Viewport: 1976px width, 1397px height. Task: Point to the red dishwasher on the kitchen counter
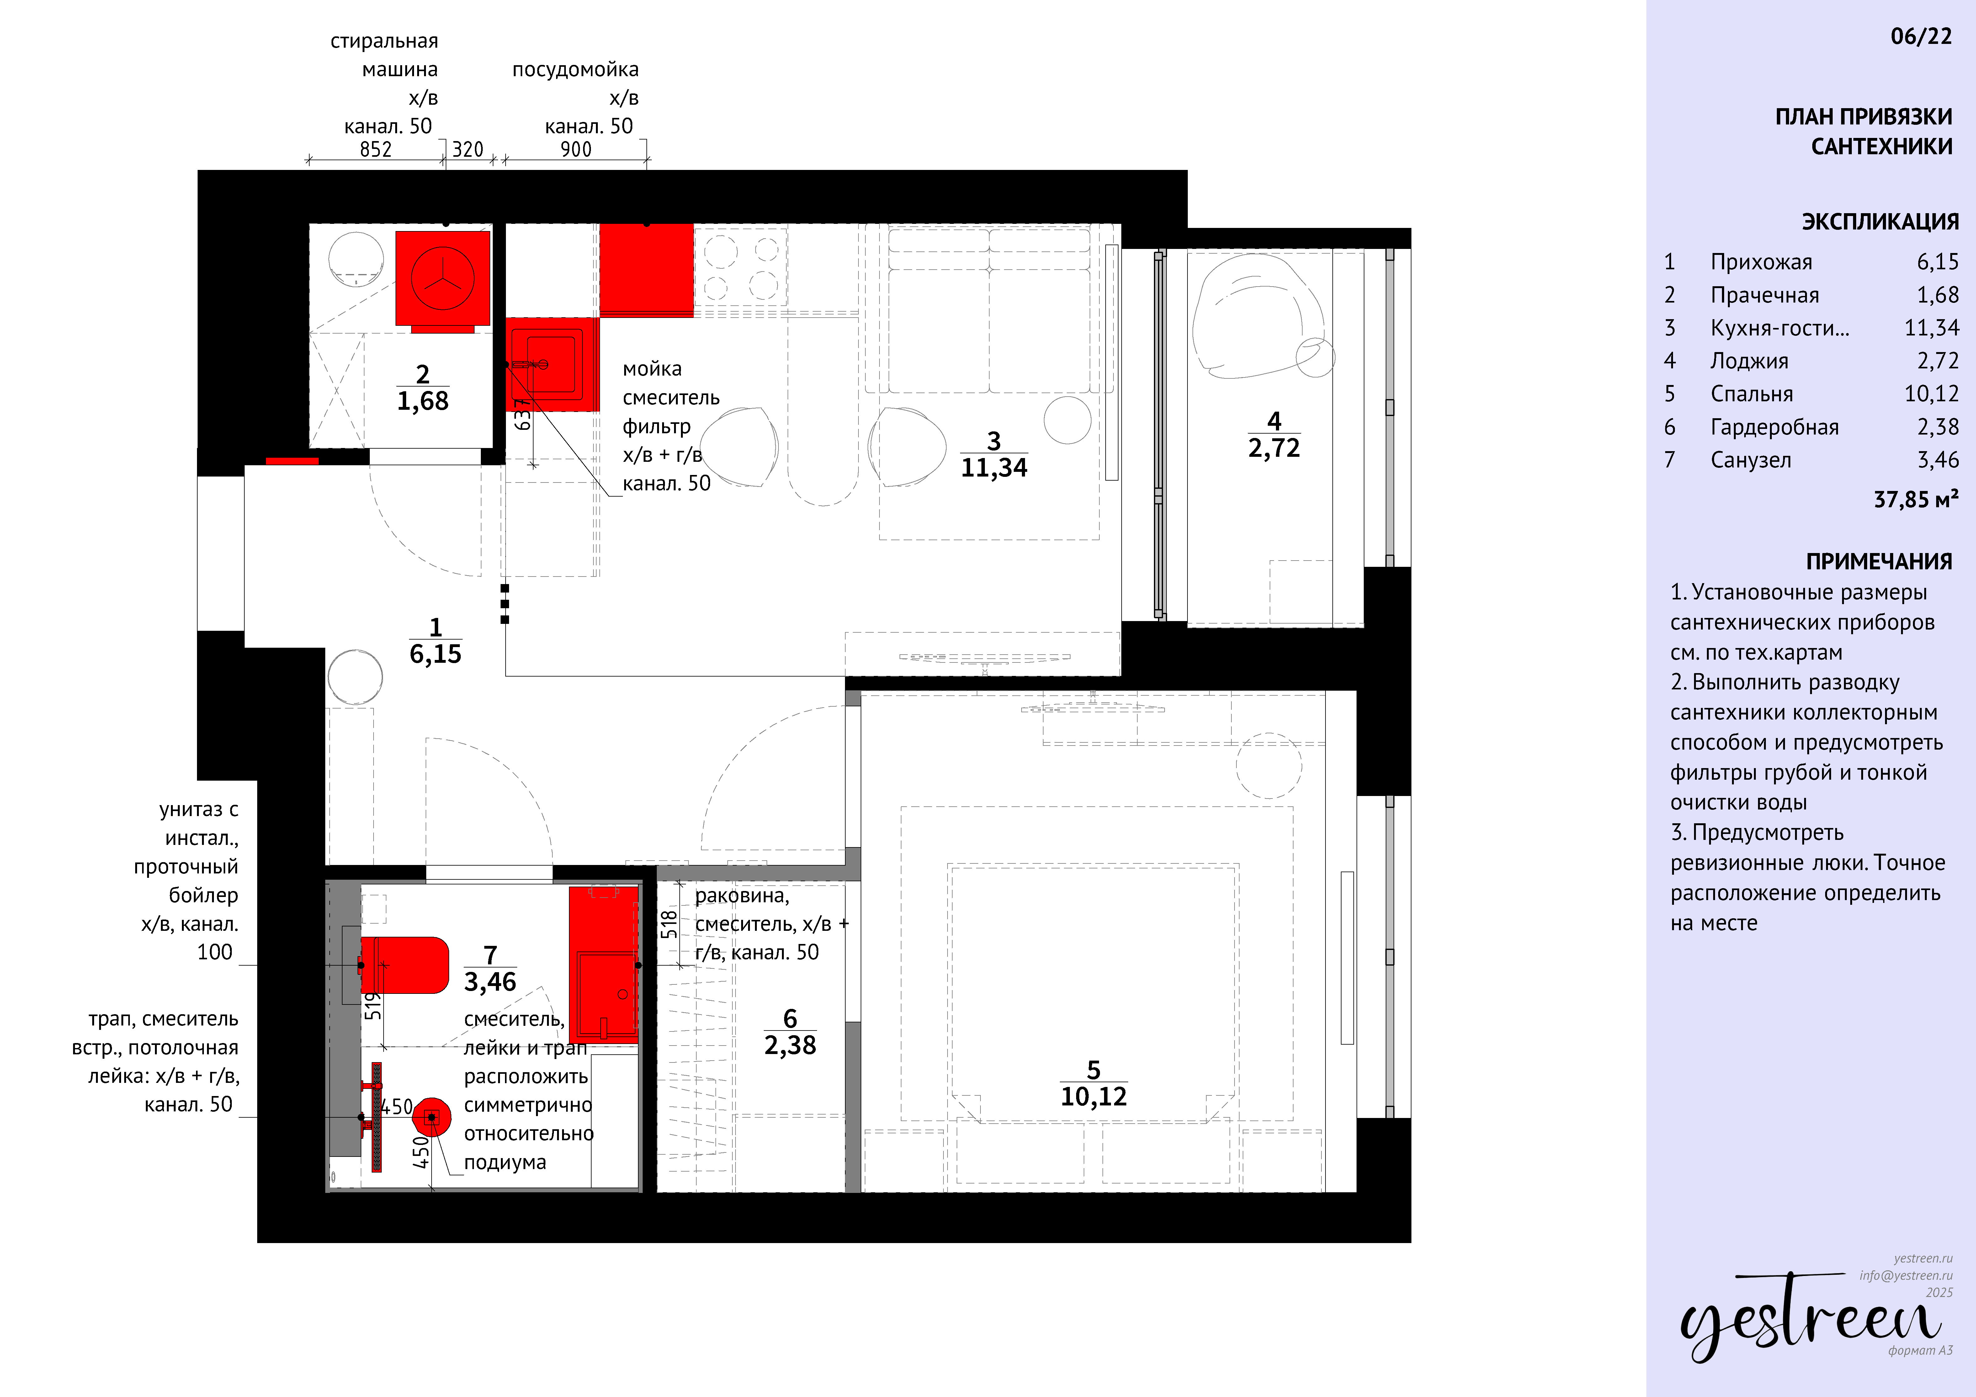[x=646, y=269]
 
